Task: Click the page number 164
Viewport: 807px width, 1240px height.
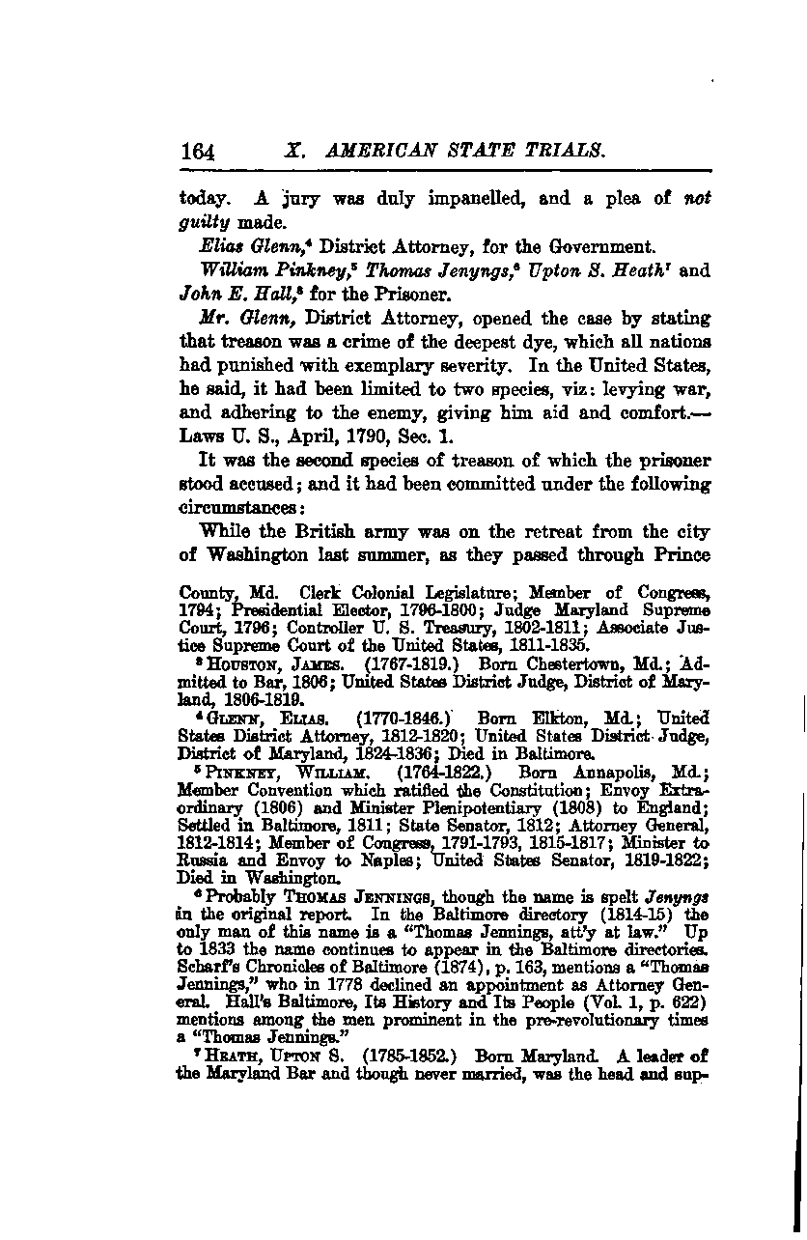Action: click(196, 152)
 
